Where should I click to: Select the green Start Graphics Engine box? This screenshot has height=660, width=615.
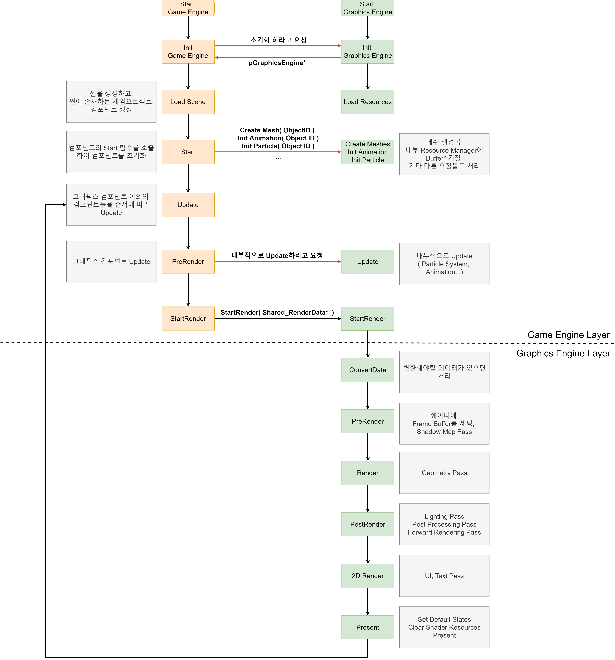coord(367,8)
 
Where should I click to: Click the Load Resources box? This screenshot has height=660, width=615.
coord(367,102)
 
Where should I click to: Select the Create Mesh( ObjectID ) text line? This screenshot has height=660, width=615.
coord(277,130)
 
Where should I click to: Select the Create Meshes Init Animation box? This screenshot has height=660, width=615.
coord(367,152)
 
